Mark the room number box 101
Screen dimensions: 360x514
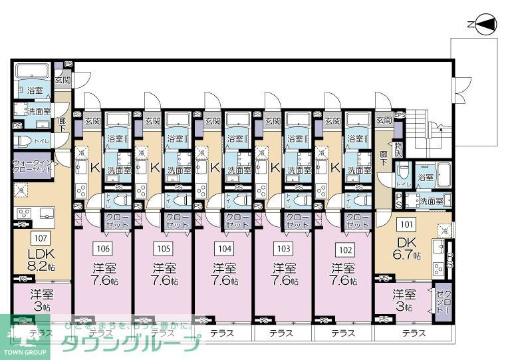(406, 224)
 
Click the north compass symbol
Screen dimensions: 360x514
(485, 25)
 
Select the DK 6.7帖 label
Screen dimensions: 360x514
(406, 250)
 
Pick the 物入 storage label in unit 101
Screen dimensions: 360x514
(398, 150)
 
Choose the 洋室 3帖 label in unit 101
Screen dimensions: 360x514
(404, 300)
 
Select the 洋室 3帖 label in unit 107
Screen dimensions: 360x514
(41, 299)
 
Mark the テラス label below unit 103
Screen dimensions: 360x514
(283, 333)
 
